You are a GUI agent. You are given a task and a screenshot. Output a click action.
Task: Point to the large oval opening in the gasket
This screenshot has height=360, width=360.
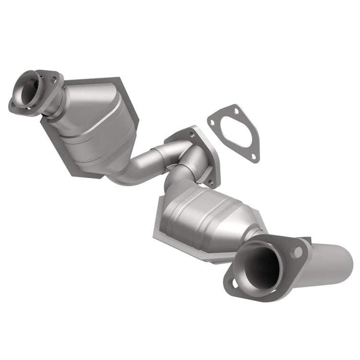pyautogui.click(x=235, y=133)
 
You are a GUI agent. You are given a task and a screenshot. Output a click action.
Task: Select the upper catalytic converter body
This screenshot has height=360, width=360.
pyautogui.click(x=93, y=121)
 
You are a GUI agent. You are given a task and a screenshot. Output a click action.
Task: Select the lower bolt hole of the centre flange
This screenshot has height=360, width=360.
pyautogui.click(x=209, y=182)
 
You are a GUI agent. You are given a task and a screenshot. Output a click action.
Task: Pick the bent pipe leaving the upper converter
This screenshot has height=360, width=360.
pyautogui.click(x=133, y=171)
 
